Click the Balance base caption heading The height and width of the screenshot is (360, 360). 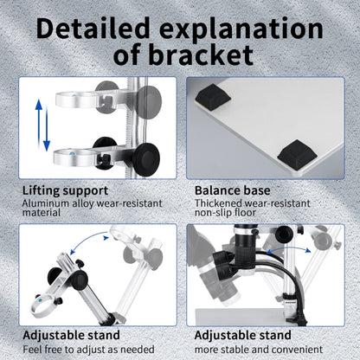pyautogui.click(x=233, y=190)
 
